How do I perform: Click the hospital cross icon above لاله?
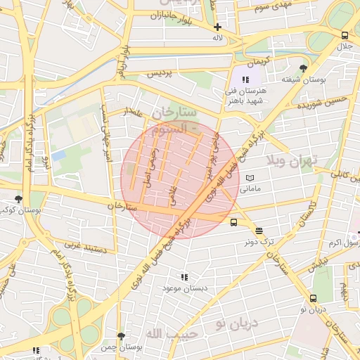pos(217,27)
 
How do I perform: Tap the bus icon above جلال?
pos(345,35)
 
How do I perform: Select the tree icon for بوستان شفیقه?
pos(303,68)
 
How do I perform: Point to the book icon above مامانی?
pos(250,179)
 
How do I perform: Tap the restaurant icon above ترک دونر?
pos(259,231)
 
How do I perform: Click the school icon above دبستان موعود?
pos(184,278)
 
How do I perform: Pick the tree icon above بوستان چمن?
pos(122,337)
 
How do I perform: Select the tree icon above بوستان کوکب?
pos(18,199)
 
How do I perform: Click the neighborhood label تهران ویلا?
pos(292,160)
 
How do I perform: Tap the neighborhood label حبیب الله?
pos(164,330)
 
